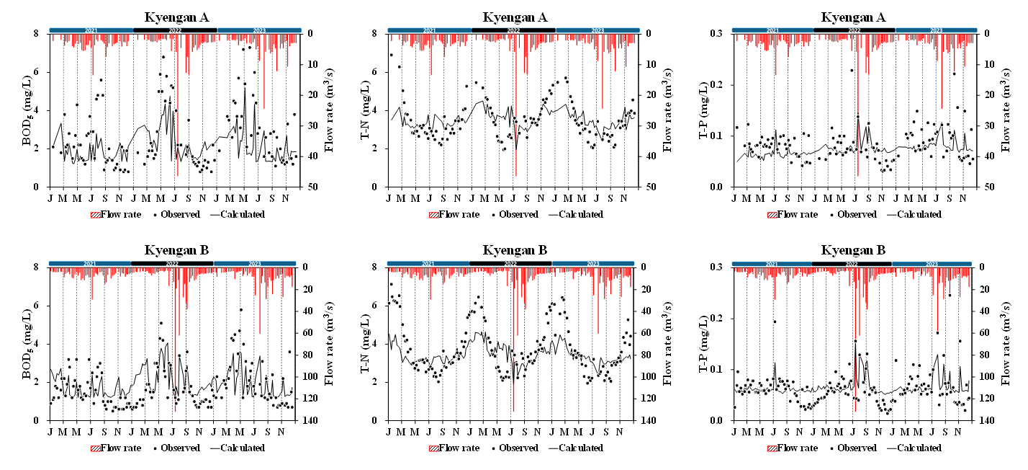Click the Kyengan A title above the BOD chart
coord(176,17)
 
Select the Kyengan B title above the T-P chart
coord(853,250)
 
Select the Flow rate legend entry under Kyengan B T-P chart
coord(797,448)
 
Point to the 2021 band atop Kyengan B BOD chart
coord(90,264)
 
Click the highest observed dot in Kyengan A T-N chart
coord(392,55)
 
